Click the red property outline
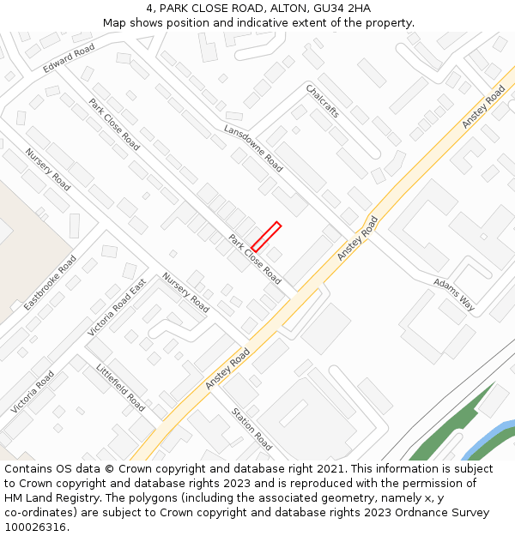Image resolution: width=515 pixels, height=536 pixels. pos(266,237)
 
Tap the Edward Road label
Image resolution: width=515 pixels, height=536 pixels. pos(69,58)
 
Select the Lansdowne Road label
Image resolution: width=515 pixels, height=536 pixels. pos(253,148)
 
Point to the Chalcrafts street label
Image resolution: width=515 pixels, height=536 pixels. pos(323,101)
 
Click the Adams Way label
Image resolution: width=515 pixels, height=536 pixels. pos(454,293)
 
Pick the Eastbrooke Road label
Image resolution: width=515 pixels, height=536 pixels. pos(50,282)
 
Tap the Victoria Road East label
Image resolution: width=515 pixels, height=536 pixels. pos(117,306)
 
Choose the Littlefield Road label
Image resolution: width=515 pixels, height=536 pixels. pos(121,388)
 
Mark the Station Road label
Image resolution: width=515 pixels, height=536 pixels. pos(251,429)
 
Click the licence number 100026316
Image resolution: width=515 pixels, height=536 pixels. pos(35,527)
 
